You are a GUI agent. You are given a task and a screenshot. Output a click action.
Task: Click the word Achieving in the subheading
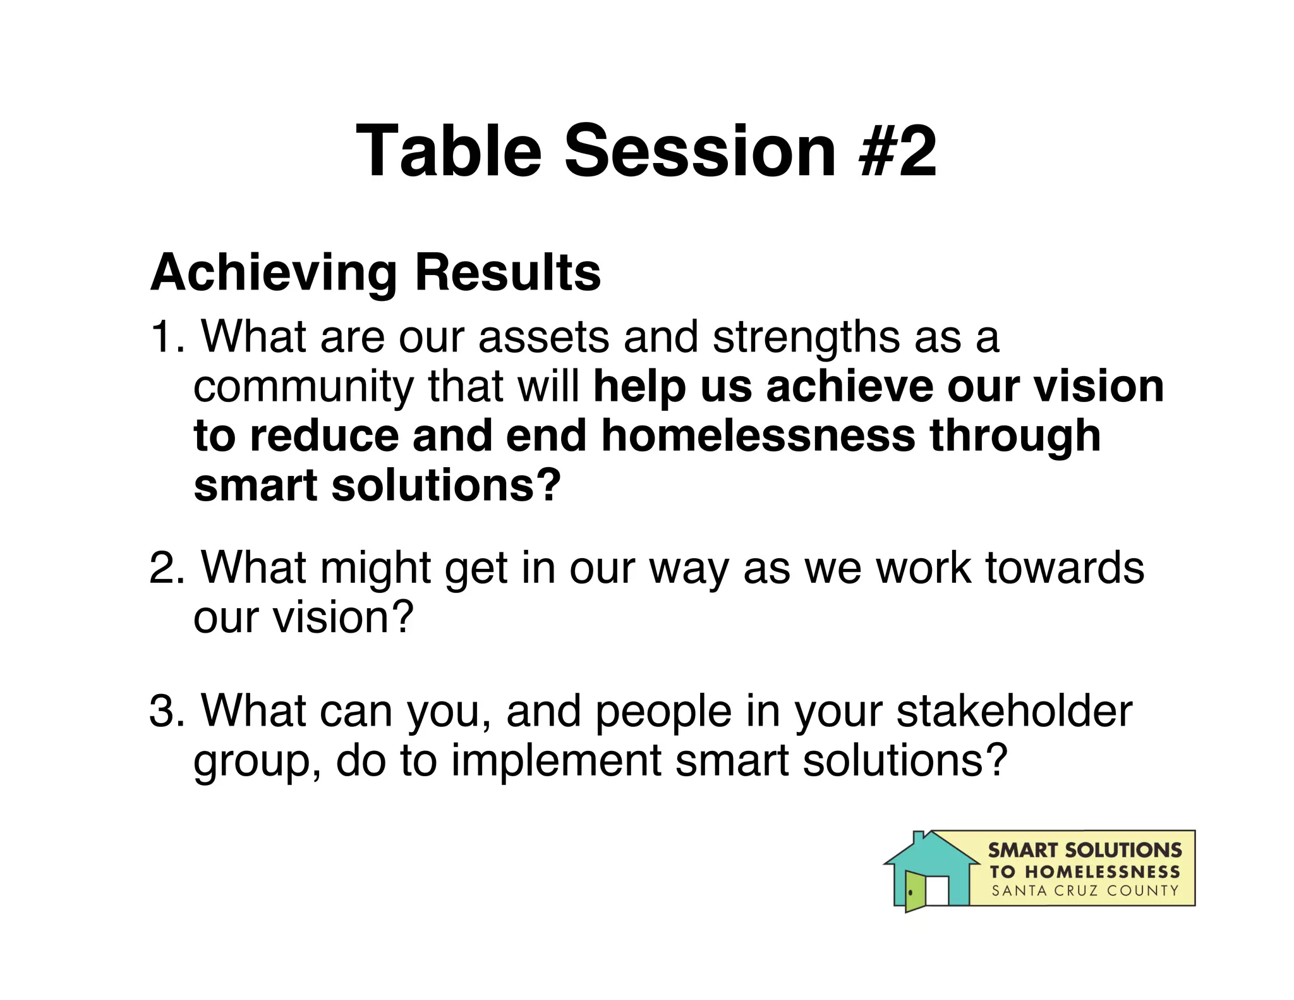coord(273,273)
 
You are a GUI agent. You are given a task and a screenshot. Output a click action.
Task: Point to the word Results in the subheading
coord(507,273)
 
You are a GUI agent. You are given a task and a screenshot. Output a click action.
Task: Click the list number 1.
coord(166,337)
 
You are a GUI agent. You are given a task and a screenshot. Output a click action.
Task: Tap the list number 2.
coord(166,568)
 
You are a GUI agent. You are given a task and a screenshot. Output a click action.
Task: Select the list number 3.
coord(166,711)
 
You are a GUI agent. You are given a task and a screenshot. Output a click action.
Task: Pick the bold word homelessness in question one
coord(758,436)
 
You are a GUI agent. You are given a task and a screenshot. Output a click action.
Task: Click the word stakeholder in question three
coord(1014,711)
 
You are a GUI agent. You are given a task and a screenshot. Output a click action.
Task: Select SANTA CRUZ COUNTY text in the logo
coord(1085,891)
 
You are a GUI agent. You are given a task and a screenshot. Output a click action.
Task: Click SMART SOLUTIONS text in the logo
coord(1084,850)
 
